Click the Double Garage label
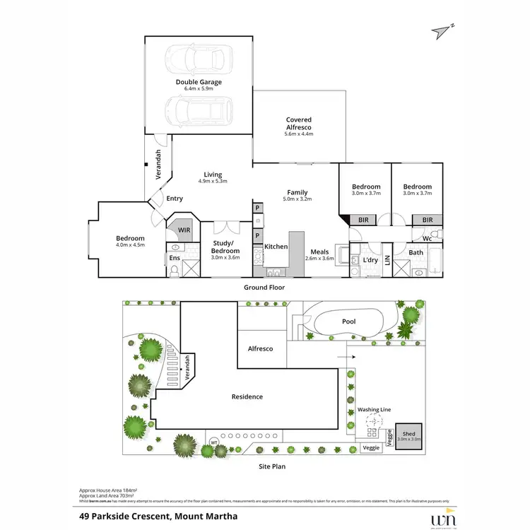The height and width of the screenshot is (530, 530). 199,82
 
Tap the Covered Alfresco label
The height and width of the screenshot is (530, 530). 298,120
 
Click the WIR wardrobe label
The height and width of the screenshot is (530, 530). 184,230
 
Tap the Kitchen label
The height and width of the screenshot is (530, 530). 276,247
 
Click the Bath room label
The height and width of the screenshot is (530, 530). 416,252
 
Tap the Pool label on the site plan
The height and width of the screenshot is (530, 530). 348,322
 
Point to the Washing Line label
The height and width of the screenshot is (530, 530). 374,409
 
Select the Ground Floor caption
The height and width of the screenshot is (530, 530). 264,288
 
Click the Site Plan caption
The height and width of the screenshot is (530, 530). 271,466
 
